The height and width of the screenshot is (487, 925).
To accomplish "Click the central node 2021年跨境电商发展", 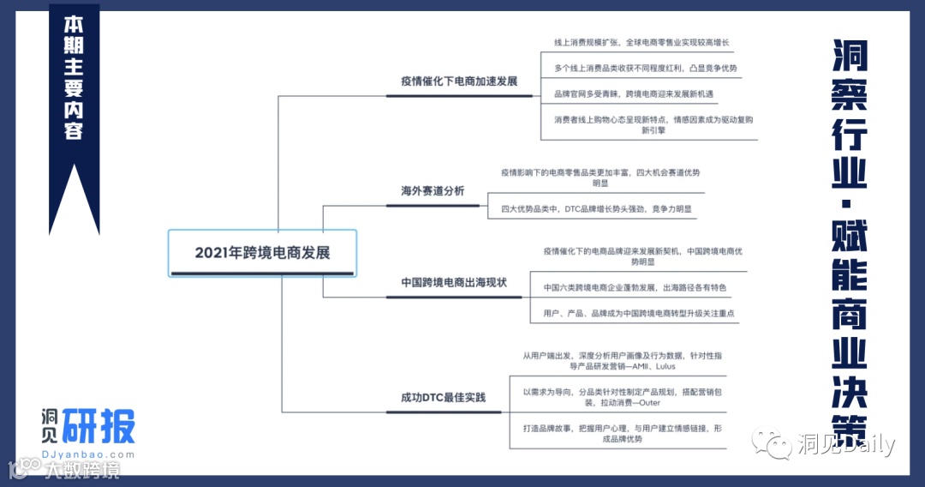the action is click(x=262, y=252).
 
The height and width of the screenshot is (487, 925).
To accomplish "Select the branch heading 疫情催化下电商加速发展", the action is click(x=459, y=81).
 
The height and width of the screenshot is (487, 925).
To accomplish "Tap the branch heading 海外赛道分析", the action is click(x=433, y=190).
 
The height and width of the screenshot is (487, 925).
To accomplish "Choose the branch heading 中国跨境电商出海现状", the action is click(x=454, y=282).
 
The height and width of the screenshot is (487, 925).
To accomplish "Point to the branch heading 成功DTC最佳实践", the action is click(x=443, y=397).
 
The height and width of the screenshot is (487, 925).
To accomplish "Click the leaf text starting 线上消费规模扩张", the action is click(x=642, y=42).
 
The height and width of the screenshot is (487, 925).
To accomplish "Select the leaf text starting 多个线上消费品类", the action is click(x=645, y=68).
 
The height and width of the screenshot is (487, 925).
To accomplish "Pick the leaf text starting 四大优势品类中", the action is click(x=596, y=207).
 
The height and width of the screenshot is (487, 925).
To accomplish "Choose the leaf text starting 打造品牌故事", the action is click(x=622, y=432).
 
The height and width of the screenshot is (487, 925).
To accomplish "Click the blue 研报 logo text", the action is click(x=98, y=425).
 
